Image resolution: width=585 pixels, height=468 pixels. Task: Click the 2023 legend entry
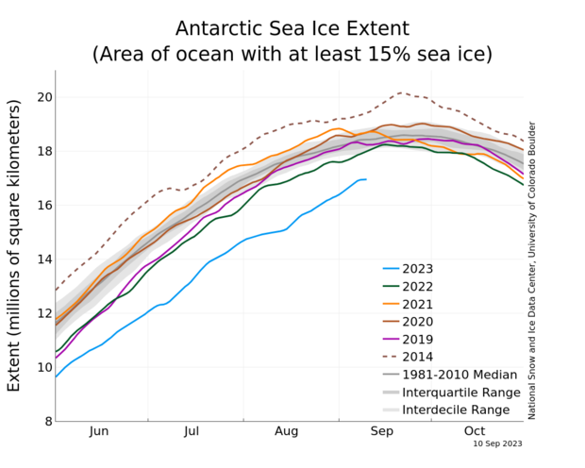point(421,268)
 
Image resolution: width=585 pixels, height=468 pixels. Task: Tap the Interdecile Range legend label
point(456,409)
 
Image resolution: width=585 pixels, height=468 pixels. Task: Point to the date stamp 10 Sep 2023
point(499,442)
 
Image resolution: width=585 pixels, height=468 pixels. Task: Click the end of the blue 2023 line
point(366,179)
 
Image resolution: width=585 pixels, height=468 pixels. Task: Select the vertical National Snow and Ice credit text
point(531,269)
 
